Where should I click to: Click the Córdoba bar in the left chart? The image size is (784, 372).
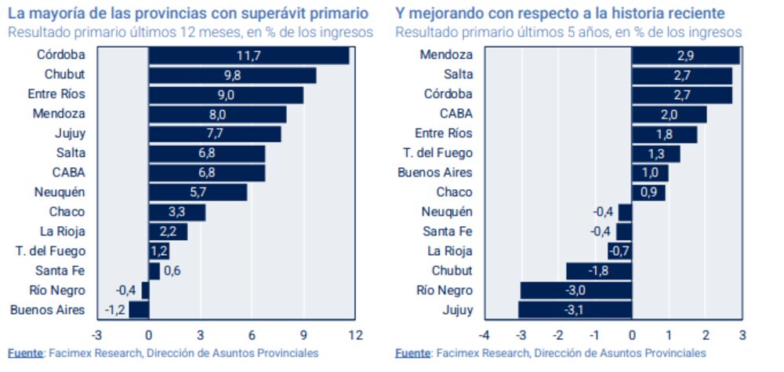click(249, 55)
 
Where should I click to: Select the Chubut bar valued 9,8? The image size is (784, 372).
click(232, 75)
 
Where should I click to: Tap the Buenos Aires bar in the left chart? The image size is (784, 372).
click(139, 309)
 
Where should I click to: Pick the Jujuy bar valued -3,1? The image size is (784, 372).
click(575, 309)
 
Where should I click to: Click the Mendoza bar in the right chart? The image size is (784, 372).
click(685, 55)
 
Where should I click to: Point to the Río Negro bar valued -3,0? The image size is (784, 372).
click(576, 290)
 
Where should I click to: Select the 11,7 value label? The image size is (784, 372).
click(249, 55)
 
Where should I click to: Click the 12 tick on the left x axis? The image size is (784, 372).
click(355, 335)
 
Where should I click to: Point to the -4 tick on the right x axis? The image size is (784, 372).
click(485, 335)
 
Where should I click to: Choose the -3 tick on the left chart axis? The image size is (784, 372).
click(97, 335)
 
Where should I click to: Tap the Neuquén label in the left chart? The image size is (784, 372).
click(60, 192)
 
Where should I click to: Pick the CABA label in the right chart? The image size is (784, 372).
click(456, 114)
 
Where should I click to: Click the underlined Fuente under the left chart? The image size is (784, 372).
click(25, 353)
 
